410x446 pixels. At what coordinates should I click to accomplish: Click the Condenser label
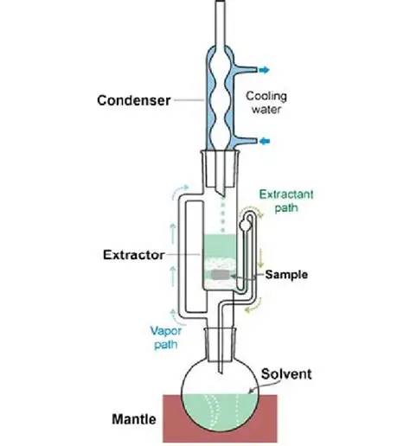134,100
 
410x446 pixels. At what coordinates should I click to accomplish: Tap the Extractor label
134,255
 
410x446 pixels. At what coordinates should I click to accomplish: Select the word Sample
286,274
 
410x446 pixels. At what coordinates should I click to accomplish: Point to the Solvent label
286,374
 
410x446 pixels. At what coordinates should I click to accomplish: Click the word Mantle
134,419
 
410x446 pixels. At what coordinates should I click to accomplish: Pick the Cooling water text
266,103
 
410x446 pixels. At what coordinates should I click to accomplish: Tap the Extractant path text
286,201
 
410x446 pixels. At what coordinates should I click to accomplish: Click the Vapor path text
166,338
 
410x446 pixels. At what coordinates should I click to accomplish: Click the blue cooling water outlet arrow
264,70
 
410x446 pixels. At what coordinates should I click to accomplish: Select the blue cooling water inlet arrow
265,141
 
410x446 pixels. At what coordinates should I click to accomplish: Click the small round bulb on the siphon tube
246,225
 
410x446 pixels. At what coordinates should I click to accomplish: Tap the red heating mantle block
220,418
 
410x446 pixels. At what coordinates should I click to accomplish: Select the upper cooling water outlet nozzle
245,69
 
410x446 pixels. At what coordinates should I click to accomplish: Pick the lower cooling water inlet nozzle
245,141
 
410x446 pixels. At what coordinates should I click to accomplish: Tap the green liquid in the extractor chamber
220,245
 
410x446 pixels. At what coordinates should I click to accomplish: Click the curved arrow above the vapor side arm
180,191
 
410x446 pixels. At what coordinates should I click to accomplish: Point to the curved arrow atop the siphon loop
252,208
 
